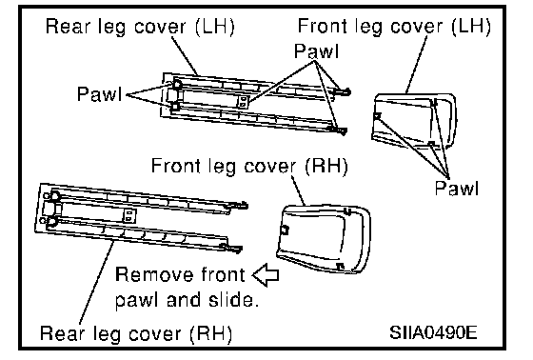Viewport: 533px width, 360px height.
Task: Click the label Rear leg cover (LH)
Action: click(x=140, y=27)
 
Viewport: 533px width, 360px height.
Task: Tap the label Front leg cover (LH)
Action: click(x=394, y=27)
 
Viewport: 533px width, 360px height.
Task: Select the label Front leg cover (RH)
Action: click(x=249, y=166)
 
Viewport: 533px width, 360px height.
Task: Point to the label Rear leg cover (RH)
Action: click(x=136, y=332)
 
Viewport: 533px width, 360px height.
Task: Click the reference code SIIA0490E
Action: click(x=433, y=331)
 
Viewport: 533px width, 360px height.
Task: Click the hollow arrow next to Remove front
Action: click(x=266, y=274)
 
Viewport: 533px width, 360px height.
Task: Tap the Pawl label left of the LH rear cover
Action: click(x=99, y=93)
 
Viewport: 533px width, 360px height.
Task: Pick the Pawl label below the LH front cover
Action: click(x=457, y=188)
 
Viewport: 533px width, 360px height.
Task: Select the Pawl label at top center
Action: click(x=316, y=51)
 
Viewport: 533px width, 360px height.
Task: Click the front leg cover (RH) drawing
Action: click(x=324, y=239)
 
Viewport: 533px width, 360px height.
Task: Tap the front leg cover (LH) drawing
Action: click(x=414, y=122)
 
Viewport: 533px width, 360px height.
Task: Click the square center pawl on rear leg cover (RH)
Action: click(x=129, y=216)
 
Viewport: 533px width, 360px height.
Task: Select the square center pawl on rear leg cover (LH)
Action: click(x=243, y=102)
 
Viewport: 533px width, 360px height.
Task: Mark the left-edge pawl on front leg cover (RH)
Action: click(x=285, y=230)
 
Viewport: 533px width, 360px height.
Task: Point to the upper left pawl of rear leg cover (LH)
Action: click(x=176, y=84)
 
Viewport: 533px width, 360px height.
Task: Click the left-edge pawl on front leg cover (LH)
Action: click(x=377, y=117)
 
